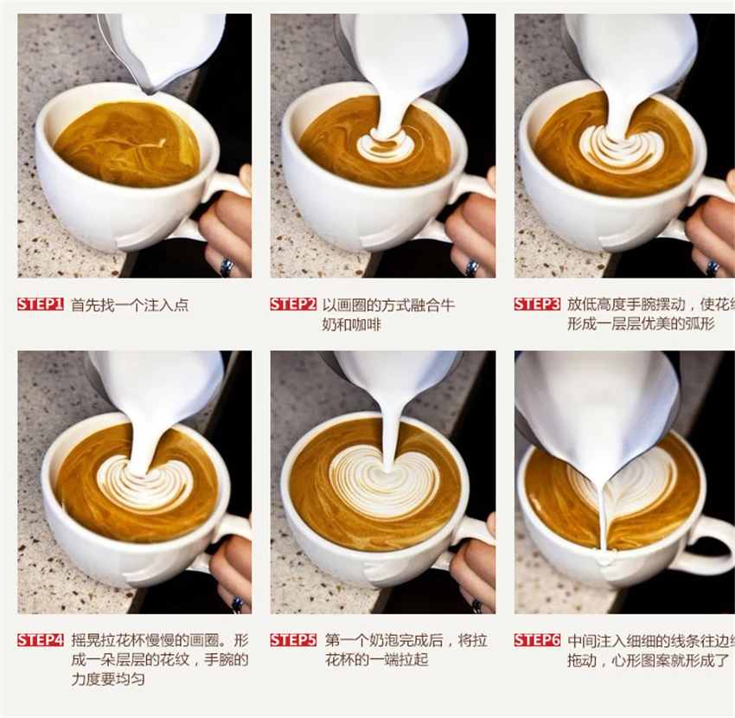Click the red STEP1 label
point(41,305)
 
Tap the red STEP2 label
point(293,305)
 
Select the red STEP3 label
point(537,305)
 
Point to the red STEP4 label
point(41,640)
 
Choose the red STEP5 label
point(293,640)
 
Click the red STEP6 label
point(537,640)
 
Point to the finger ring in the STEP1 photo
point(227,267)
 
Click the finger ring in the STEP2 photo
point(472,267)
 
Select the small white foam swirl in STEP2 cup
point(386,145)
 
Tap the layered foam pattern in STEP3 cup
point(621,148)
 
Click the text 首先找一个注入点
point(130,305)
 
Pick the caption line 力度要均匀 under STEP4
point(108,680)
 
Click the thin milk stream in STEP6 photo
point(603,519)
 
